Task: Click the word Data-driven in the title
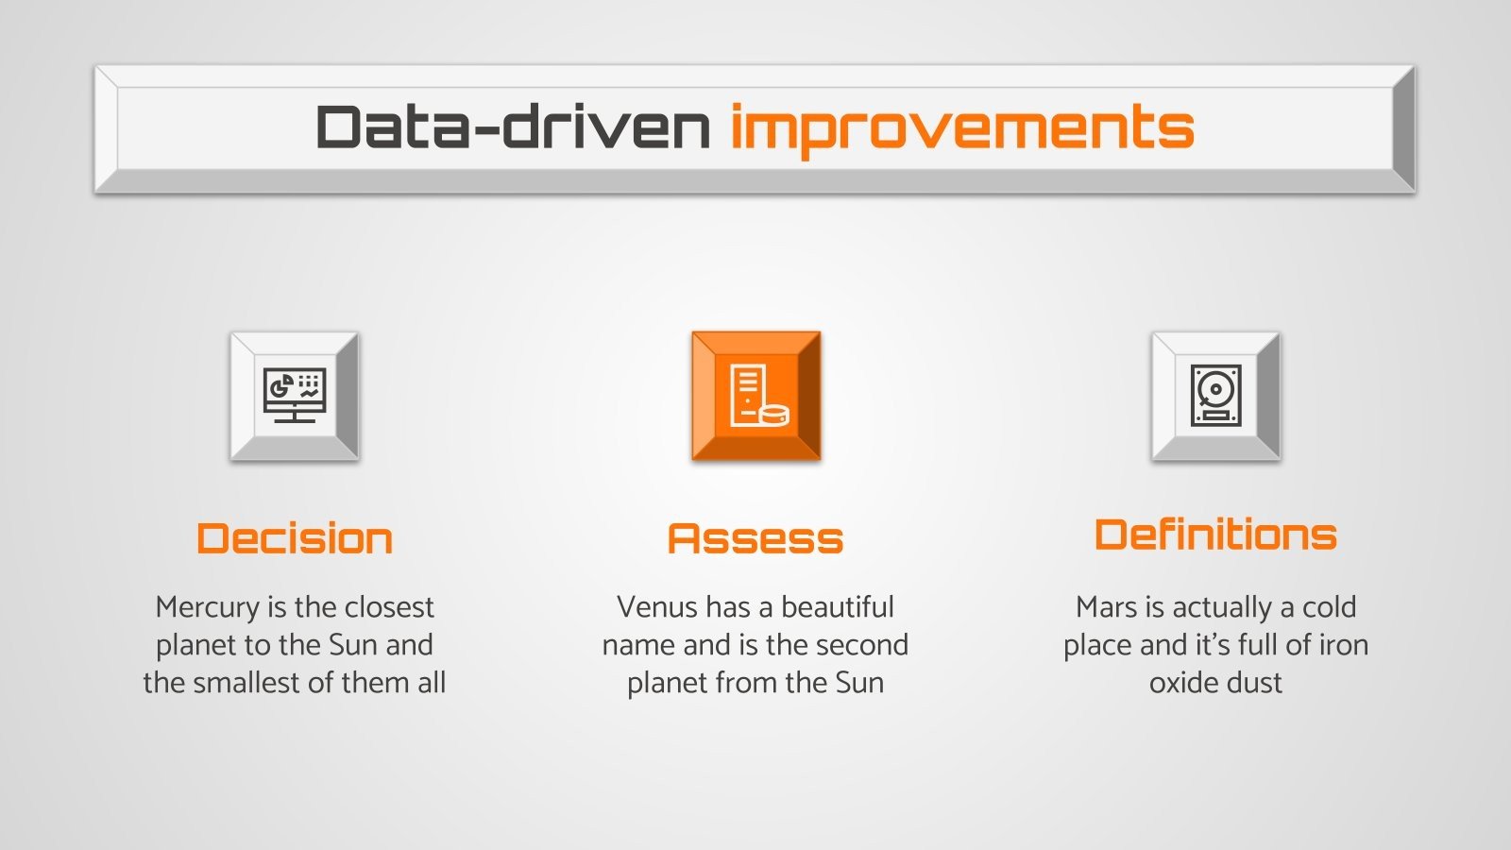(x=513, y=127)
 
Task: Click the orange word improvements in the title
(x=961, y=129)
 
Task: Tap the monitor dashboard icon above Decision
(x=295, y=396)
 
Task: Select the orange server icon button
(x=755, y=396)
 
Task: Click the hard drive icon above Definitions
(x=1215, y=396)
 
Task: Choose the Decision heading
(x=295, y=538)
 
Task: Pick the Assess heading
(x=755, y=538)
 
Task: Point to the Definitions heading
(x=1215, y=535)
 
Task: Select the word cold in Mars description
(x=1329, y=607)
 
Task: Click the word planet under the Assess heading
(x=668, y=683)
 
